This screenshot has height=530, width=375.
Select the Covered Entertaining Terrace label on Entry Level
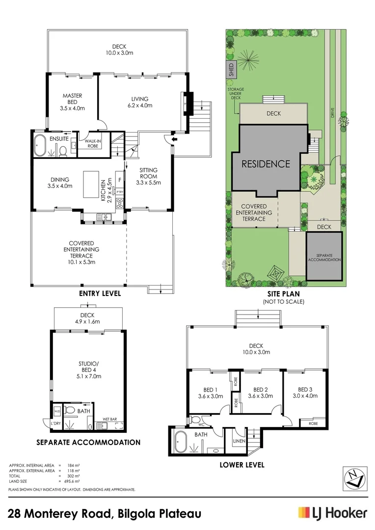coord(81,253)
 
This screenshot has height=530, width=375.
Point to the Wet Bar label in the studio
coord(109,419)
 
